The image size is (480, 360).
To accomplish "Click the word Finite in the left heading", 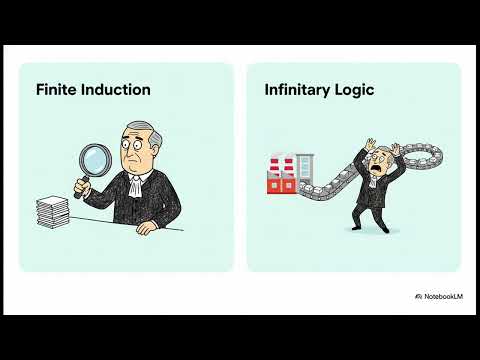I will [56, 90].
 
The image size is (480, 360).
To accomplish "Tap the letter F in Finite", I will [39, 90].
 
